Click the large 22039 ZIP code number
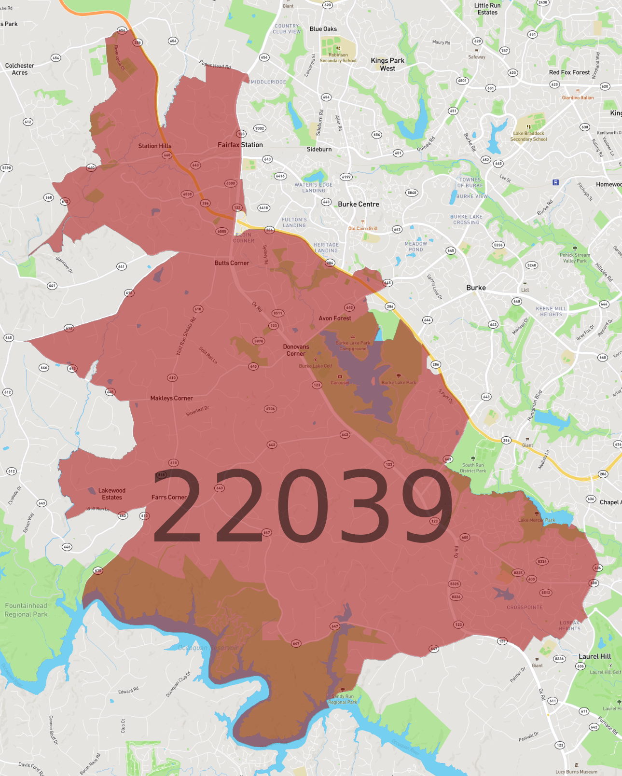click(x=303, y=505)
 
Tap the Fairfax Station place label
click(x=240, y=145)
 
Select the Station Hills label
click(x=154, y=146)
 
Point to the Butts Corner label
click(x=232, y=263)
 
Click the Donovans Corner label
click(x=296, y=350)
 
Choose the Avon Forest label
click(x=335, y=318)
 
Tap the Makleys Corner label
click(x=171, y=398)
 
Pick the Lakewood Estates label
click(x=112, y=494)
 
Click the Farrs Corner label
click(x=169, y=497)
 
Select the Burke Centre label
click(x=359, y=204)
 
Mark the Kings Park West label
click(x=387, y=64)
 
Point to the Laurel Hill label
click(x=594, y=656)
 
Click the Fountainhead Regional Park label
click(x=26, y=610)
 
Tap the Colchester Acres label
click(x=20, y=69)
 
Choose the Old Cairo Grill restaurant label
click(x=363, y=228)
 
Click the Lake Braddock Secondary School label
click(x=528, y=136)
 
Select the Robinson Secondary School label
click(x=338, y=58)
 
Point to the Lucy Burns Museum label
click(x=576, y=772)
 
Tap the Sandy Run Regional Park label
click(x=343, y=699)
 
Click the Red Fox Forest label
click(x=569, y=72)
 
